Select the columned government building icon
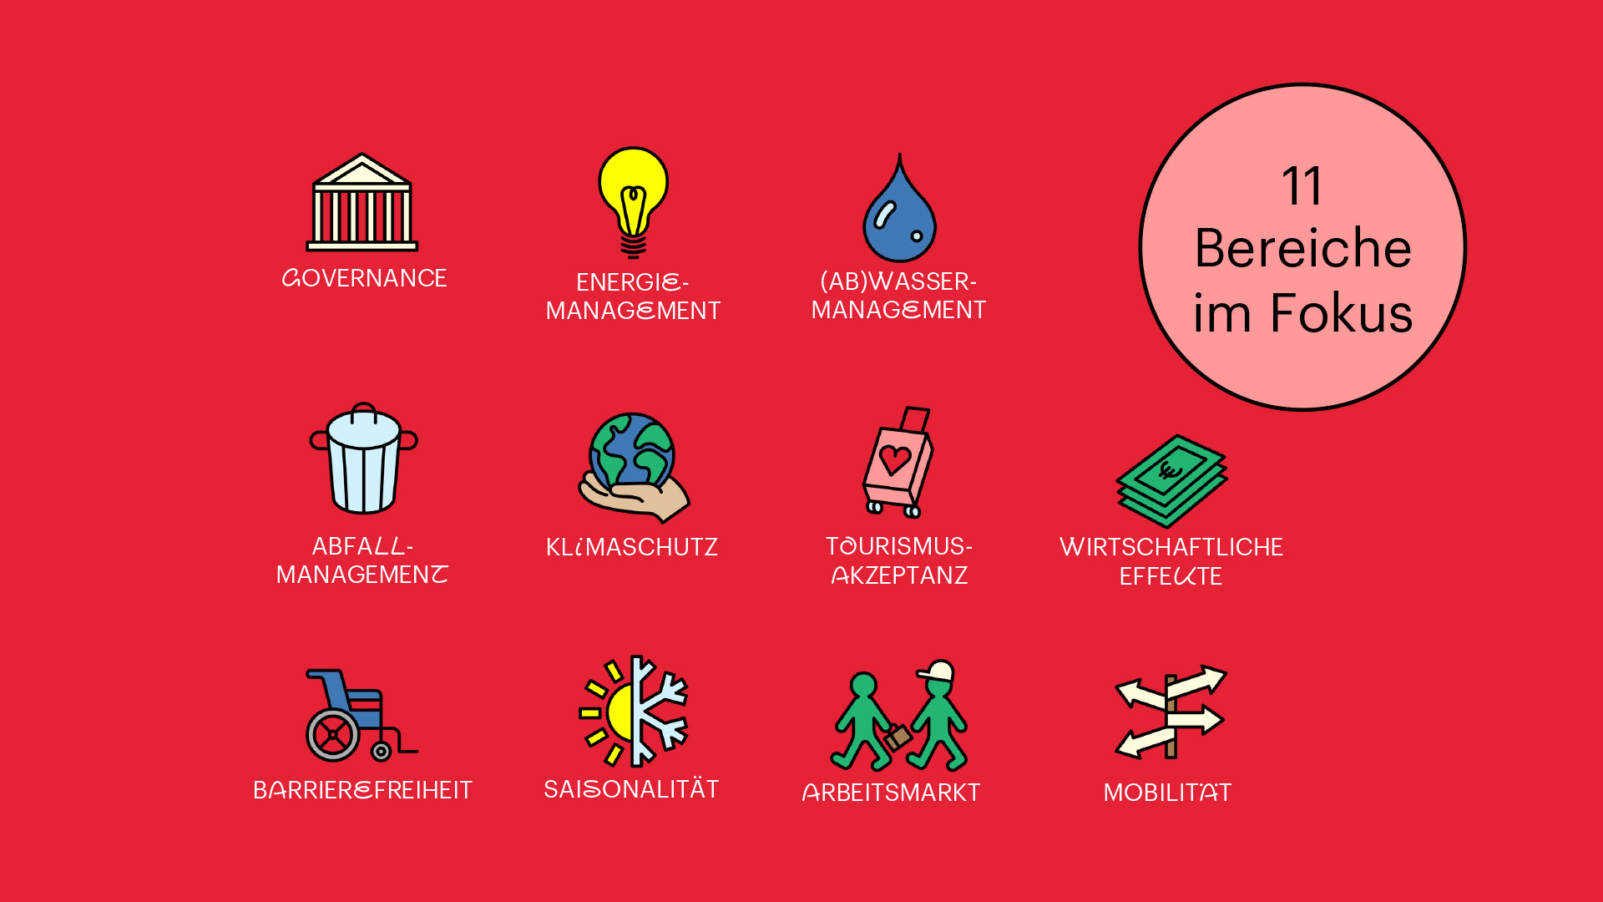(x=362, y=202)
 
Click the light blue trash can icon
(x=363, y=459)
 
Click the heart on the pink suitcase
(x=895, y=459)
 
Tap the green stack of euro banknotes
(x=1171, y=481)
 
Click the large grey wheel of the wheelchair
(x=332, y=735)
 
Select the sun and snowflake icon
(x=633, y=711)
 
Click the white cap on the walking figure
(x=937, y=671)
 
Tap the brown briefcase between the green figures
(x=898, y=737)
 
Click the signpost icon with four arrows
(x=1171, y=712)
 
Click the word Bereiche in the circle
(x=1302, y=248)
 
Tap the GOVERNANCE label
(x=364, y=278)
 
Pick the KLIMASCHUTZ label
(x=632, y=547)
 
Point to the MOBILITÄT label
(x=1167, y=791)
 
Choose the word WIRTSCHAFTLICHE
(x=1171, y=547)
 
